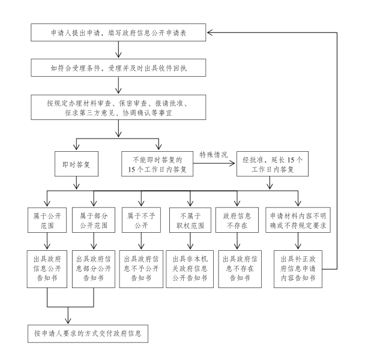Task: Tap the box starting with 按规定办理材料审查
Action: tap(118, 104)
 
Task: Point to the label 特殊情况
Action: tap(213, 155)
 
